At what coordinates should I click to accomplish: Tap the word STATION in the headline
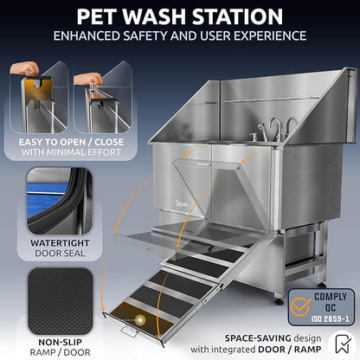(x=239, y=16)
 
